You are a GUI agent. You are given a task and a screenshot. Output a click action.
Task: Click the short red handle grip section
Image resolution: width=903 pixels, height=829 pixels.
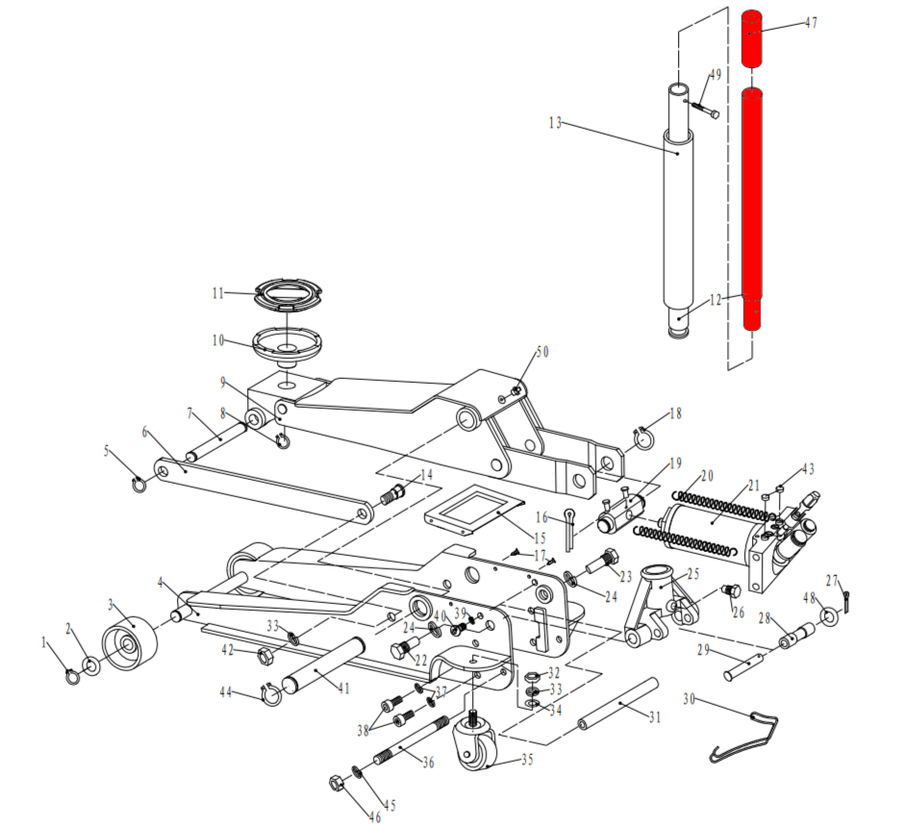(x=752, y=38)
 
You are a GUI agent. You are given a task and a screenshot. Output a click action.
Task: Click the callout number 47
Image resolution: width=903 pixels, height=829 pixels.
(x=811, y=23)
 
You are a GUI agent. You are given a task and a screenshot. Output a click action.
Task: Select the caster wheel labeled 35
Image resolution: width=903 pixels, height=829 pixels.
(x=474, y=743)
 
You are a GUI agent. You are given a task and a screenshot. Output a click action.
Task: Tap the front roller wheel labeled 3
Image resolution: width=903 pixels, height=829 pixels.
(x=130, y=647)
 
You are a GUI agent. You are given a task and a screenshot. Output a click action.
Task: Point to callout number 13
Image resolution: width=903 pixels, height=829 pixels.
(x=555, y=123)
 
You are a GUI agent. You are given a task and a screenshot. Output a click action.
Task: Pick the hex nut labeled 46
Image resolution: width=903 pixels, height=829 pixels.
(x=337, y=784)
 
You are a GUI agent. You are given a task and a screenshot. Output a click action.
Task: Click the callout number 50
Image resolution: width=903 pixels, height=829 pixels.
(x=542, y=352)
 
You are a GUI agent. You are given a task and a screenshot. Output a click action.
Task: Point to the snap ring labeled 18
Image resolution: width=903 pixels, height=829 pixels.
(x=644, y=439)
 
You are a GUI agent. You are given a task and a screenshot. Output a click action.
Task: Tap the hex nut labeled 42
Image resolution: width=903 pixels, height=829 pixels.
(x=263, y=655)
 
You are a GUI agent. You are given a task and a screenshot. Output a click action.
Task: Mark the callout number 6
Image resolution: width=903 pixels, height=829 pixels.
(x=144, y=432)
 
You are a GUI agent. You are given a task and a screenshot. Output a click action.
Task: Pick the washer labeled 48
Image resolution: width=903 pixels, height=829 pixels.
(x=827, y=617)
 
